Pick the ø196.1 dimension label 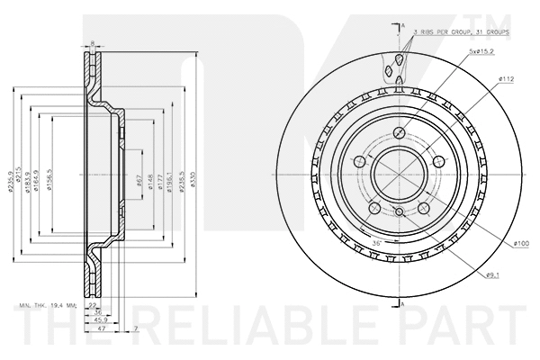[171, 172]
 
